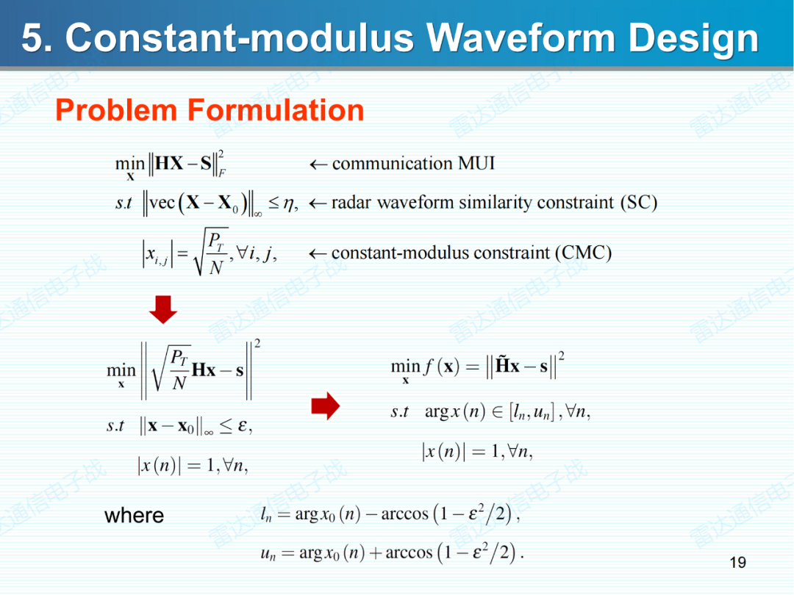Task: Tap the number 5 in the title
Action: (x=32, y=37)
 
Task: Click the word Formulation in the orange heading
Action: (x=276, y=110)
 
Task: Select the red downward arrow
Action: (x=162, y=311)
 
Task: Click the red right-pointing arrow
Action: (x=326, y=405)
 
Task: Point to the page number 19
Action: (x=737, y=563)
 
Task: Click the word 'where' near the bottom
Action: (x=134, y=515)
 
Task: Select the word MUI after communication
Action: (x=476, y=163)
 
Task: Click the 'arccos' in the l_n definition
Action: (x=404, y=514)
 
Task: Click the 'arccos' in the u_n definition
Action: (x=409, y=552)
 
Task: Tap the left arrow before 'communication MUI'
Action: (x=318, y=164)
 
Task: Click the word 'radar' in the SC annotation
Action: (x=351, y=203)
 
